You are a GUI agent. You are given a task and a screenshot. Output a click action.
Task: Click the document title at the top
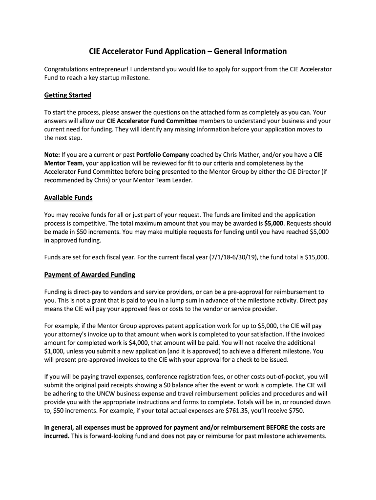click(188, 51)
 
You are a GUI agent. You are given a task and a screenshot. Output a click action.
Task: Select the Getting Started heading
click(67, 95)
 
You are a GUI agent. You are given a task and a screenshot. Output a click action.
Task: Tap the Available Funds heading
click(68, 198)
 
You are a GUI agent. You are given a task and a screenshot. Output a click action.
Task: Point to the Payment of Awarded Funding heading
click(90, 274)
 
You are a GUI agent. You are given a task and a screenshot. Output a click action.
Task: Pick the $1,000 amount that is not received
click(55, 351)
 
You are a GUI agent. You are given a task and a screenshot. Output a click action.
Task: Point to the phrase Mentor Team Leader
click(162, 180)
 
